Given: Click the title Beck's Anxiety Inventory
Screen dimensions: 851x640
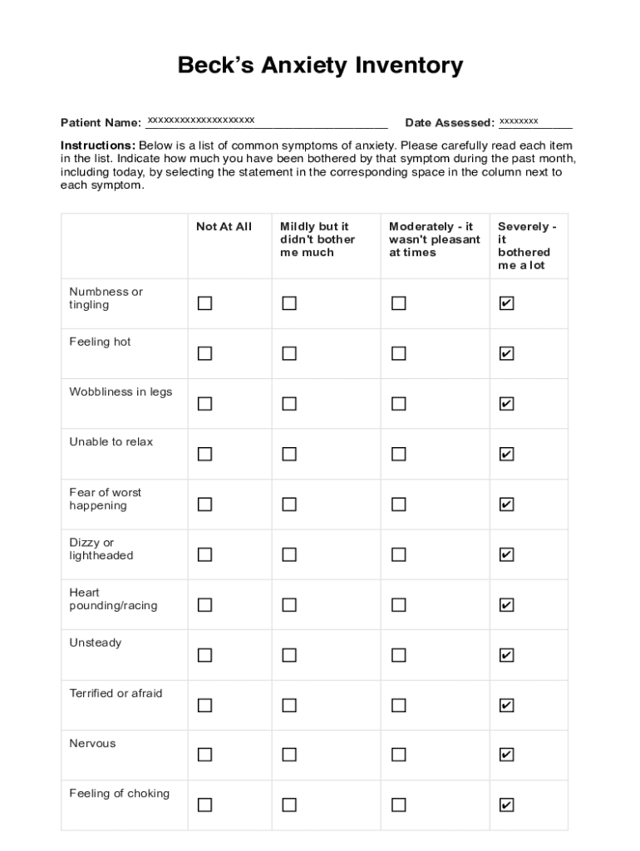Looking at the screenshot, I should pyautogui.click(x=320, y=66).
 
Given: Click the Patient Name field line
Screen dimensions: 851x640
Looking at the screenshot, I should pyautogui.click(x=266, y=123).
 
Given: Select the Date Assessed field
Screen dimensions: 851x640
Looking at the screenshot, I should pyautogui.click(x=535, y=123).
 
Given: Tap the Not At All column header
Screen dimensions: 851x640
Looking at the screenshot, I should pyautogui.click(x=224, y=227).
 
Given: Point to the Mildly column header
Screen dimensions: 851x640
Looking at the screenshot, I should pyautogui.click(x=318, y=239).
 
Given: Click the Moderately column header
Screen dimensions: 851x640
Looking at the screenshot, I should pyautogui.click(x=434, y=239).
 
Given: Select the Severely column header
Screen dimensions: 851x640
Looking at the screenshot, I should pyautogui.click(x=527, y=246).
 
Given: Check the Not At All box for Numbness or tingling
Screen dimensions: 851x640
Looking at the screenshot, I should pyautogui.click(x=204, y=303).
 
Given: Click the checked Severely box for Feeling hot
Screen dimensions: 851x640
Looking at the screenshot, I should pyautogui.click(x=506, y=354).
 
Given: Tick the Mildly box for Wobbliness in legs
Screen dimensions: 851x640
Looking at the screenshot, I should pyautogui.click(x=289, y=404).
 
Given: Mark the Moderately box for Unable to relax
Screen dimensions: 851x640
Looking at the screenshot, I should pyautogui.click(x=399, y=454).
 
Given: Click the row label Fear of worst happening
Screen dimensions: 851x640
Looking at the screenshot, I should pyautogui.click(x=106, y=499).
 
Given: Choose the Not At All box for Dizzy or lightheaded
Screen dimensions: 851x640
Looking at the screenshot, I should pyautogui.click(x=204, y=554).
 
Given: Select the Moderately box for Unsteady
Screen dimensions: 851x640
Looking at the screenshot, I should pyautogui.click(x=399, y=655).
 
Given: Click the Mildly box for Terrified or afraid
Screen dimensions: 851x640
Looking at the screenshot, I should pyautogui.click(x=289, y=706).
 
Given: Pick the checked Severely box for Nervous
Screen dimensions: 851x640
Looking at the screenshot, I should pyautogui.click(x=506, y=755).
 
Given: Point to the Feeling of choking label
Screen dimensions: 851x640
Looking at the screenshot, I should pyautogui.click(x=119, y=794).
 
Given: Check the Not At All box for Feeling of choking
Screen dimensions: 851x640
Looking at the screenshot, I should pyautogui.click(x=204, y=804).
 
